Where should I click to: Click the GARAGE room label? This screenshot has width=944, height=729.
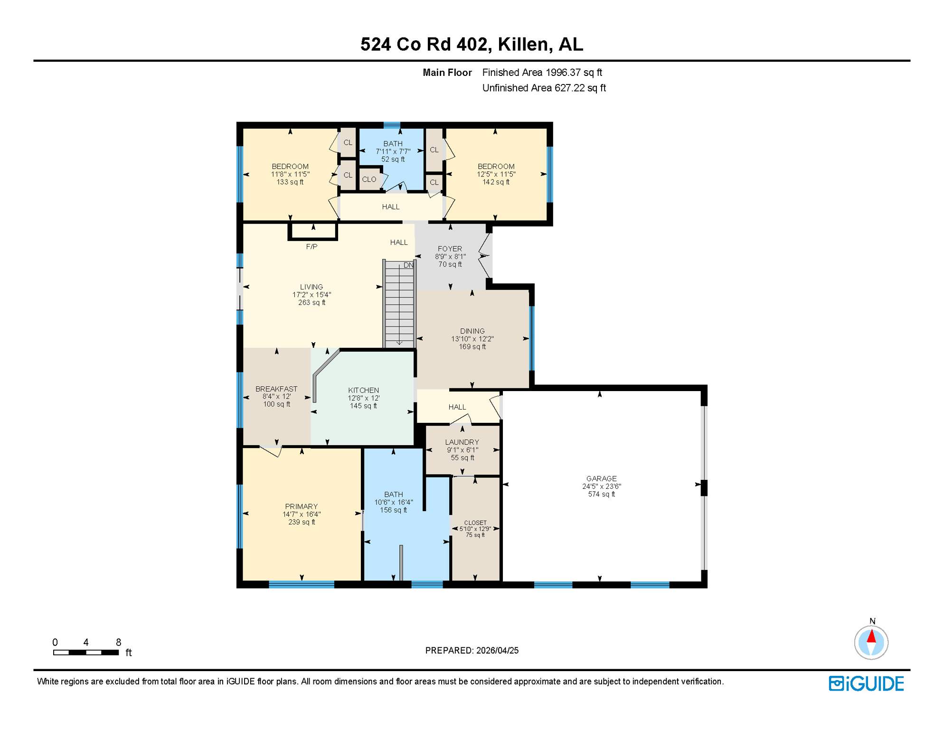[601, 478]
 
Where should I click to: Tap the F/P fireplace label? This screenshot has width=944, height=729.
[312, 247]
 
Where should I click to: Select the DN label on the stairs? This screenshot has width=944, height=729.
[408, 265]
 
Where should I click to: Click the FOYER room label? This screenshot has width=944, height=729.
[450, 249]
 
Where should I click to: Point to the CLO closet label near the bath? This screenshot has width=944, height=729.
[369, 179]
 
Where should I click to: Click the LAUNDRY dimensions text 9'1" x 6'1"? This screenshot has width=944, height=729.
[462, 450]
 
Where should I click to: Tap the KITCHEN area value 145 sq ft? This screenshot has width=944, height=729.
[363, 406]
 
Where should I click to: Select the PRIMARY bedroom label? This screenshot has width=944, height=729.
[301, 506]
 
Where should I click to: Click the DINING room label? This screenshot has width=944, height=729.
[472, 331]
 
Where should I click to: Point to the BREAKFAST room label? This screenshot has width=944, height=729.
[276, 389]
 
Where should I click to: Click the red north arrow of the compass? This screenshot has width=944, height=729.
[871, 636]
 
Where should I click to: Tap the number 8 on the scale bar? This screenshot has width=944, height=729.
[118, 642]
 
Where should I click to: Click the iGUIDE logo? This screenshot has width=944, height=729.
[866, 683]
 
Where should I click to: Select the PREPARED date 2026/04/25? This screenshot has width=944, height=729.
[497, 650]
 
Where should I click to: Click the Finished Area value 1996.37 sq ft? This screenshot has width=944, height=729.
[574, 73]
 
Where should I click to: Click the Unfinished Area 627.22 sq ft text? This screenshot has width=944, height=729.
[544, 88]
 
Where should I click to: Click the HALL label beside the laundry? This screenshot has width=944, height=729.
[457, 407]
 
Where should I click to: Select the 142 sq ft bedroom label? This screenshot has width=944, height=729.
[496, 182]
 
